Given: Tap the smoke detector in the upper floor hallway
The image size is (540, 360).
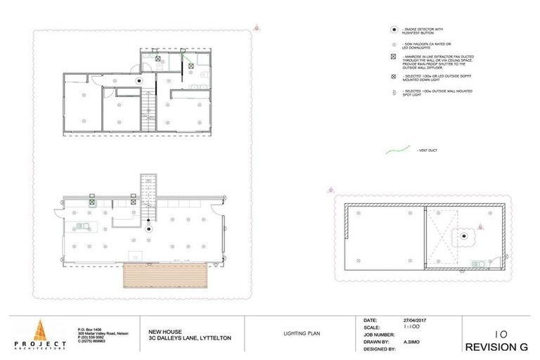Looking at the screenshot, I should click(139, 80).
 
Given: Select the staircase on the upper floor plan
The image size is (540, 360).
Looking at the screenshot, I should click(148, 113).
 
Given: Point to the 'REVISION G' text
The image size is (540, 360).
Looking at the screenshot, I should click(496, 347).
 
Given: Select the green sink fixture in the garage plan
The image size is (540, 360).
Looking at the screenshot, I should click(477, 263).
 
